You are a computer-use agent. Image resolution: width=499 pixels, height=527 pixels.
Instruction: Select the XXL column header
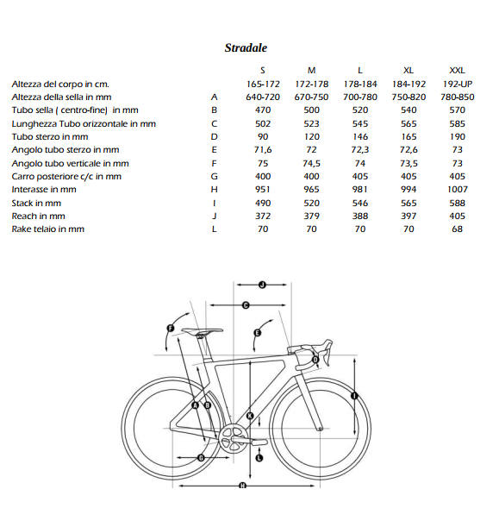tap(458, 71)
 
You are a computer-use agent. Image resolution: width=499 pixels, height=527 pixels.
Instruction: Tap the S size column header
tap(263, 71)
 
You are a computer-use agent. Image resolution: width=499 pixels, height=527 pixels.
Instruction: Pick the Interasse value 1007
tap(458, 190)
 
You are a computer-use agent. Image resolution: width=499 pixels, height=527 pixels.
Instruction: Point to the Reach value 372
tap(263, 216)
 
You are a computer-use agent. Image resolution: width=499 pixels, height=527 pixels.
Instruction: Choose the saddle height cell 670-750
tap(311, 97)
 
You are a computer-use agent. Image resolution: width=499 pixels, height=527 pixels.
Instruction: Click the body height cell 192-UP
tap(458, 85)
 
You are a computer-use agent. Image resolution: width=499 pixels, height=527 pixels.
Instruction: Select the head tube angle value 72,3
tap(360, 150)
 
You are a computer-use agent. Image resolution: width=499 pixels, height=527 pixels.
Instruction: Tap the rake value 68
tap(458, 229)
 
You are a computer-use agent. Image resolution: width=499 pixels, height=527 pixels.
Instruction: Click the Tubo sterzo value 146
tap(360, 137)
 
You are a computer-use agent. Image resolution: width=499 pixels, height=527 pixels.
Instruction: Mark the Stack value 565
tap(409, 203)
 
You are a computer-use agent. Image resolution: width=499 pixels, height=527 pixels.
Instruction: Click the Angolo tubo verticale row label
tap(71, 163)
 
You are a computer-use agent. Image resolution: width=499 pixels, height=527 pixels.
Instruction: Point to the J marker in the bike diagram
tap(262, 283)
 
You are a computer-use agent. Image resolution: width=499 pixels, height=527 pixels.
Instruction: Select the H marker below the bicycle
tap(242, 486)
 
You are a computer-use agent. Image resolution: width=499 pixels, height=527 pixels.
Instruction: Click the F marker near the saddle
tap(171, 328)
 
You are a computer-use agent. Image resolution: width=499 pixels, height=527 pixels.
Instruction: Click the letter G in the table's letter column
tap(215, 177)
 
